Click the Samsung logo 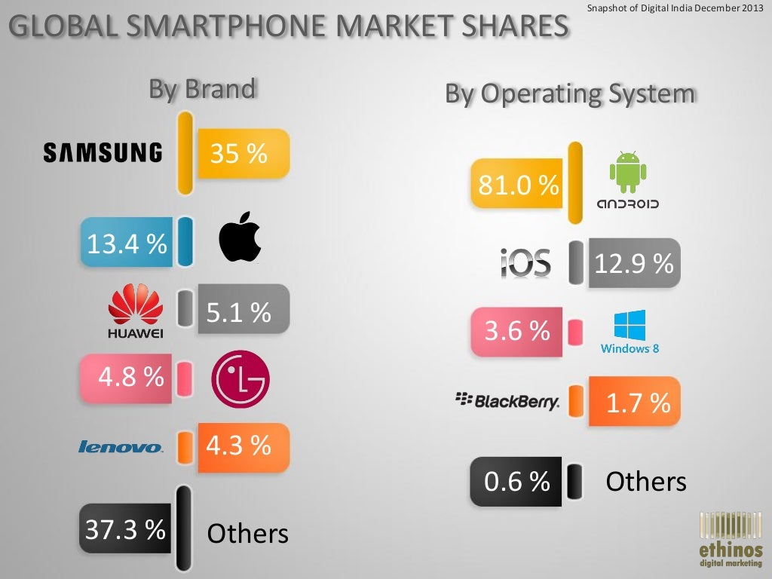click(103, 153)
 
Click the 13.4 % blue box click(127, 243)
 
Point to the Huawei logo click(136, 311)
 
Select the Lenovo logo click(121, 447)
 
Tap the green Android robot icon click(627, 172)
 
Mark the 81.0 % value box click(517, 183)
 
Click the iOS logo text click(525, 263)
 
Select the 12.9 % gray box click(633, 263)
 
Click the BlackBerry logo click(508, 400)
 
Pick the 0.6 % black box click(516, 481)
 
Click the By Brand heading click(202, 89)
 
